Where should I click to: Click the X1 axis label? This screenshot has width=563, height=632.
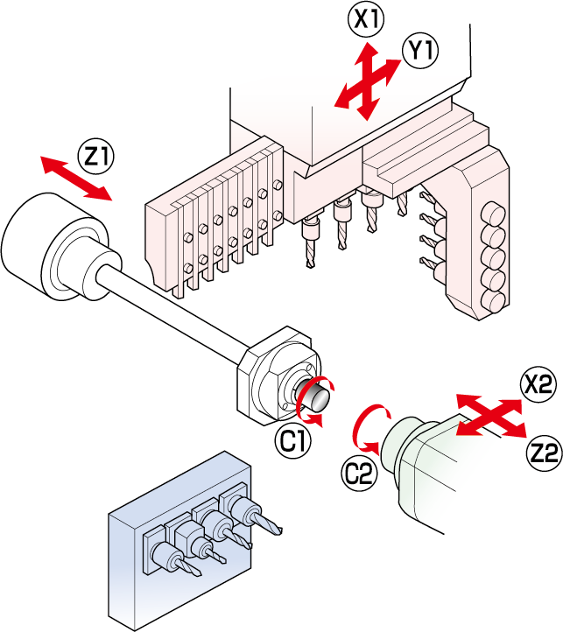(365, 19)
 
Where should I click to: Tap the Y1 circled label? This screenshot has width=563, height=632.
(419, 52)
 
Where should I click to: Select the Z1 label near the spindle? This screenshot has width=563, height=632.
(96, 157)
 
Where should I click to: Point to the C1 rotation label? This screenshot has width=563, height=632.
(293, 442)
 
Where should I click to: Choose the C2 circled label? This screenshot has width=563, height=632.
(360, 474)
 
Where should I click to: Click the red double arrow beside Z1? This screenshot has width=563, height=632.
(77, 179)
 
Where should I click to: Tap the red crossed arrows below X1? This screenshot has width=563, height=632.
(368, 81)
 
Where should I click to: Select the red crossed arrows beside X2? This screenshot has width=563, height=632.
(491, 415)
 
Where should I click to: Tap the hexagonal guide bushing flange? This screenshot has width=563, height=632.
(278, 375)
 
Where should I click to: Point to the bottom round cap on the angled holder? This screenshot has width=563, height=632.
(494, 301)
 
